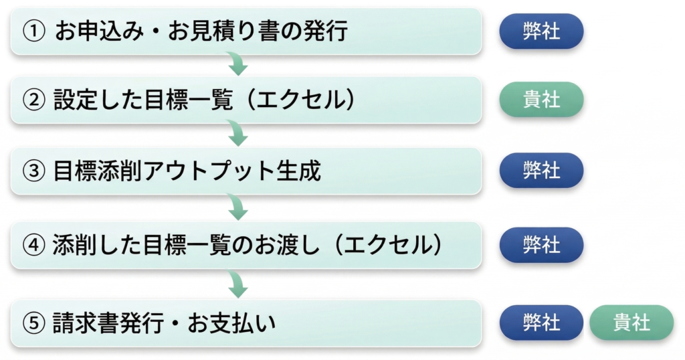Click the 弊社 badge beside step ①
pos(541,31)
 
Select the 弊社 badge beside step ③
pos(541,171)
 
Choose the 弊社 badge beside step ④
pos(541,245)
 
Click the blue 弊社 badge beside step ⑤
pos(541,323)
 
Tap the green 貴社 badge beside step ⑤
pos(631,323)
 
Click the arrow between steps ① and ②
pos(237,66)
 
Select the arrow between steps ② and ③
pos(237,135)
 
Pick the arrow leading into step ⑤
pos(237,286)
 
